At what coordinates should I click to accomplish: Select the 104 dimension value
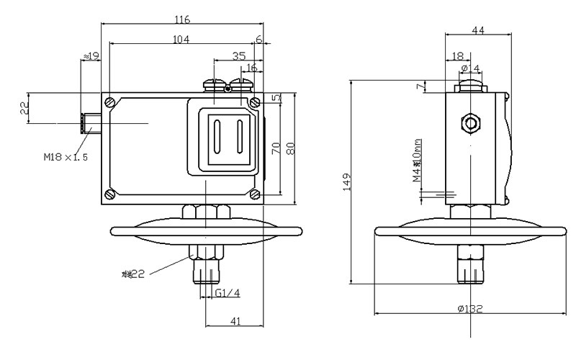coord(181,40)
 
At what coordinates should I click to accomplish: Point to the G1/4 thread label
coord(228,294)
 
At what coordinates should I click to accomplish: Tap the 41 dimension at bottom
coord(235,322)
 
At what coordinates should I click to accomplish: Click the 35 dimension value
coord(239,55)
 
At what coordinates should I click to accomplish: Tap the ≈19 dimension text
coord(91,56)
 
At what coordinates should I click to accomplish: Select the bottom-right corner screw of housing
coord(255,194)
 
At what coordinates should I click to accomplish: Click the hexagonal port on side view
coord(472,122)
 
